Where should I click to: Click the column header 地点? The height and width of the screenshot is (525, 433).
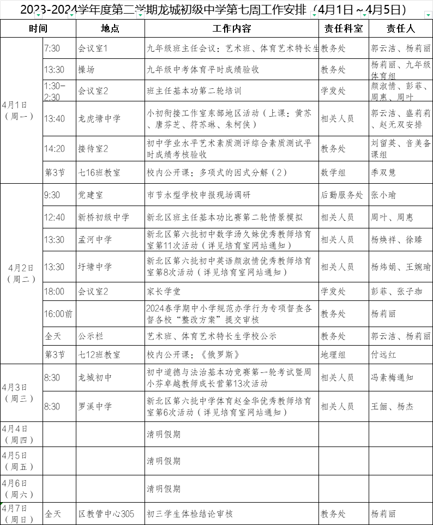point(110,29)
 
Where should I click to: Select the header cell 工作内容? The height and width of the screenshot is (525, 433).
point(232,29)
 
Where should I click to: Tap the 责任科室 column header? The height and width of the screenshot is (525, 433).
point(344,29)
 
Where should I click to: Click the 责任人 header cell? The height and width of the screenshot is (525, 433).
point(400,29)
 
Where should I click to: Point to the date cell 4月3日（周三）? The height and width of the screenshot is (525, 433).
point(21,393)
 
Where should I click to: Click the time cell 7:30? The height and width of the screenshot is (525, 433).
point(52,49)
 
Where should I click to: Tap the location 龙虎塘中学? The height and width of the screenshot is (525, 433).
point(99,118)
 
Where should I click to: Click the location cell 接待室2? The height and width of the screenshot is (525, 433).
point(93,148)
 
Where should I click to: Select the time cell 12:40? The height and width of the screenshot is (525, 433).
point(55,218)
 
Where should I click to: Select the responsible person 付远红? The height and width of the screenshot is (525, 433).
point(383,354)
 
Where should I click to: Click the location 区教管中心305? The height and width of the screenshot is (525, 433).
point(106,514)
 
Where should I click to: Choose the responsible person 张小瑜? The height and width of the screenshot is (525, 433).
point(383,195)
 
